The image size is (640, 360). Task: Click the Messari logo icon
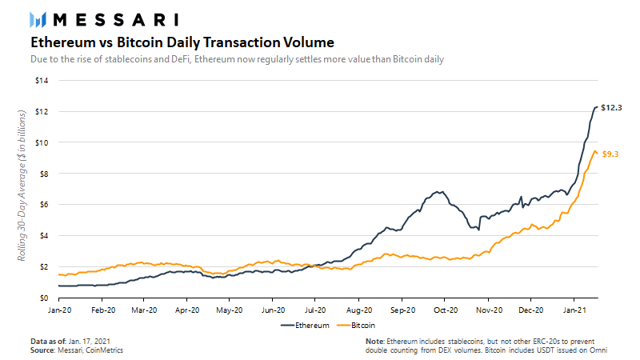pyautogui.click(x=38, y=19)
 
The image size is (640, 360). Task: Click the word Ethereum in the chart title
pyautogui.click(x=63, y=42)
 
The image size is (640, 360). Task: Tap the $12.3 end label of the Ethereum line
pyautogui.click(x=611, y=108)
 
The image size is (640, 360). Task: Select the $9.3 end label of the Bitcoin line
pyautogui.click(x=610, y=154)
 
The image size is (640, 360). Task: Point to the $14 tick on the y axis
pyautogui.click(x=42, y=81)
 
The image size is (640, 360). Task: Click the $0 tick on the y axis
pyautogui.click(x=44, y=298)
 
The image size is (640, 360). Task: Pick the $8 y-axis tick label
pyautogui.click(x=44, y=174)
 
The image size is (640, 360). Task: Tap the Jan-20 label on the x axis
pyautogui.click(x=59, y=310)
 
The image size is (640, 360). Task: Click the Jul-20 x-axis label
pyautogui.click(x=315, y=310)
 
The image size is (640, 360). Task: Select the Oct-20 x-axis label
pyautogui.click(x=446, y=310)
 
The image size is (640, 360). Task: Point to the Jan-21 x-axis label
pyautogui.click(x=574, y=310)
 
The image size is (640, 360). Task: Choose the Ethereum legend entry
pyautogui.click(x=305, y=326)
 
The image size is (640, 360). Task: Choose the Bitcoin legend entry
pyautogui.click(x=356, y=326)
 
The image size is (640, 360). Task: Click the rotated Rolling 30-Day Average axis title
pyautogui.click(x=22, y=186)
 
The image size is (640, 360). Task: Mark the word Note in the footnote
pyautogui.click(x=374, y=342)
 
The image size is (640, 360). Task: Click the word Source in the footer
pyautogui.click(x=42, y=350)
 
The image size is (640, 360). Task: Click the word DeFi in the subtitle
pyautogui.click(x=181, y=59)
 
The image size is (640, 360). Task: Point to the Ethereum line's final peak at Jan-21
pyautogui.click(x=596, y=107)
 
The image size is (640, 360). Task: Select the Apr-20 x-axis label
pyautogui.click(x=187, y=310)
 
